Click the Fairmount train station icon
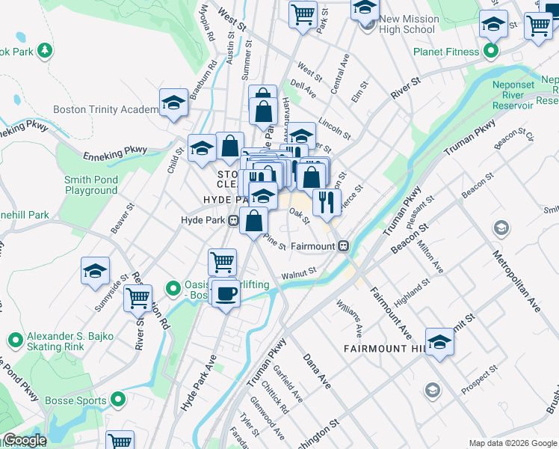pos(343,245)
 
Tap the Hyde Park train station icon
pos(233,220)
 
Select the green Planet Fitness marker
pos(491,52)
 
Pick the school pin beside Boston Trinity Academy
pos(173,103)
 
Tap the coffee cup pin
pos(226,293)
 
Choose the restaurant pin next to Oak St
pos(327,202)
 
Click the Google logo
pos(24,440)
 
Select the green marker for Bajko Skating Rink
pos(14,341)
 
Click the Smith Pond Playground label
pos(91,185)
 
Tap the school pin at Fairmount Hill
pos(440,342)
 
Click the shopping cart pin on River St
pos(138,298)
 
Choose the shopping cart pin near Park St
pos(303,13)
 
